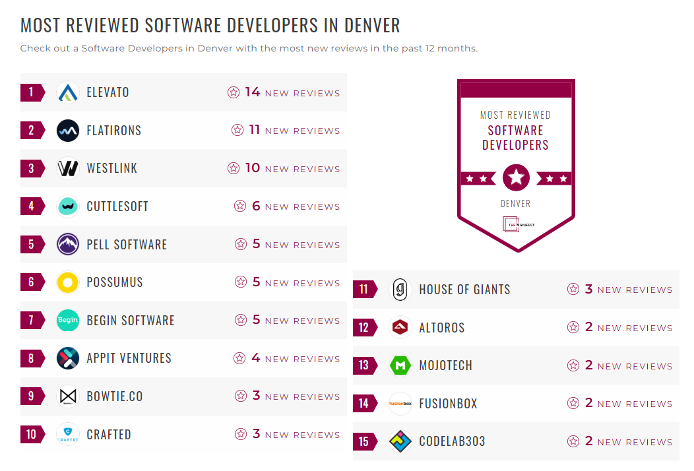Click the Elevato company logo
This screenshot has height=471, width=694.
68,92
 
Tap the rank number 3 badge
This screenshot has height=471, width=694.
31,168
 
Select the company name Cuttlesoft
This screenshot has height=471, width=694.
117,206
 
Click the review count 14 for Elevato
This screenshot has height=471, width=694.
253,92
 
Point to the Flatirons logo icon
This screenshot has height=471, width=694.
68,131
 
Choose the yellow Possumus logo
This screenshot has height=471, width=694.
68,282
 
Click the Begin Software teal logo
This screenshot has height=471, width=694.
68,321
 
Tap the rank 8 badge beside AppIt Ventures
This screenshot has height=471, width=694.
31,359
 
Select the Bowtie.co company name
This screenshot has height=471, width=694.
115,396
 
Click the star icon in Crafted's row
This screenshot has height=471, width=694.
241,434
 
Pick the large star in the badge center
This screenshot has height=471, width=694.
516,177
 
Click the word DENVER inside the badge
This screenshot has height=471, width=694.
515,204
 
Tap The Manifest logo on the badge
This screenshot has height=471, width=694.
515,224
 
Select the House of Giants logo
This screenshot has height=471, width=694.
400,290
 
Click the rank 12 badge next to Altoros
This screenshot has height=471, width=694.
363,327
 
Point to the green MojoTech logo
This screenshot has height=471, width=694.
400,365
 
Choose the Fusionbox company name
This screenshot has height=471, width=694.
448,404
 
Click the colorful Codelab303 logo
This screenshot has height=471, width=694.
400,441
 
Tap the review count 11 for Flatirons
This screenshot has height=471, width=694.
255,130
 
